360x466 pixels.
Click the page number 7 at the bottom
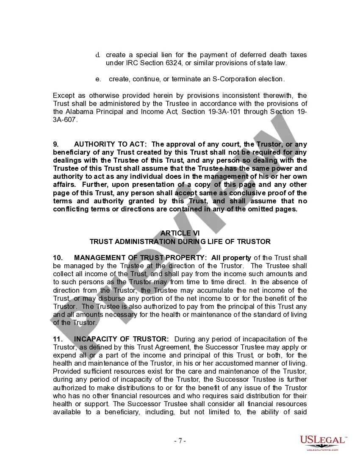click(x=180, y=441)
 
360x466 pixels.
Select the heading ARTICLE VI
click(x=180, y=233)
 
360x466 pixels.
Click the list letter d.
click(x=97, y=55)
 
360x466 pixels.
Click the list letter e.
click(x=98, y=79)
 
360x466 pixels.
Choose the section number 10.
click(x=58, y=258)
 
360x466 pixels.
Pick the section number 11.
click(x=58, y=339)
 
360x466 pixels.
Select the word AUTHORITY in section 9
click(x=94, y=144)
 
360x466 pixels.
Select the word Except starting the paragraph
click(x=64, y=96)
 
